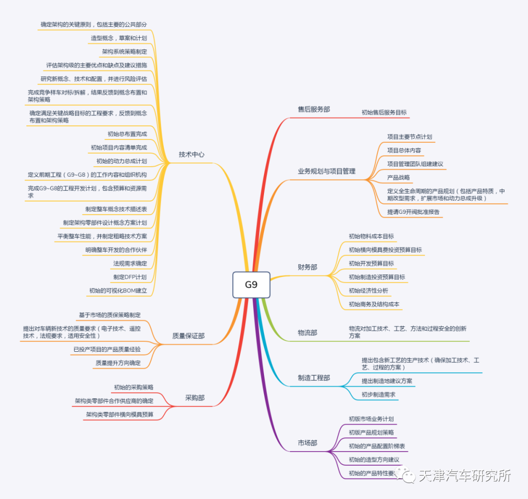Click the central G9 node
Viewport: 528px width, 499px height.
click(251, 284)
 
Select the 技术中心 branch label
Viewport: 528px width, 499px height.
click(192, 155)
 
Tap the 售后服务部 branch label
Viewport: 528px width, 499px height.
click(314, 109)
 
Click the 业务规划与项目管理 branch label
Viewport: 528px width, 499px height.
click(327, 171)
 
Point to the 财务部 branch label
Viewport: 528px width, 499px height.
click(308, 267)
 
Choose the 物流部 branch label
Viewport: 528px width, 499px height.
click(308, 333)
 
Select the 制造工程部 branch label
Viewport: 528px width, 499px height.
click(314, 378)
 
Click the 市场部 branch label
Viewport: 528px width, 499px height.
click(308, 443)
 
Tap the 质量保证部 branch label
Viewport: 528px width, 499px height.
click(189, 336)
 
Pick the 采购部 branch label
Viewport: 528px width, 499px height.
click(195, 398)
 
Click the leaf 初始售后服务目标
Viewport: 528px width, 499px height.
click(384, 112)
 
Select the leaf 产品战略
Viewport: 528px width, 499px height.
click(398, 177)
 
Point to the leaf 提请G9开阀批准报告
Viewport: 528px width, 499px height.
click(413, 212)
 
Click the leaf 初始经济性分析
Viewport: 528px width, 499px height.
click(369, 291)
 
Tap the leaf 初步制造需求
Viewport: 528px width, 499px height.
click(378, 394)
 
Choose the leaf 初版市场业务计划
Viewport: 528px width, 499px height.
click(371, 419)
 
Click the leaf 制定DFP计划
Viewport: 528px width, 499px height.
click(130, 277)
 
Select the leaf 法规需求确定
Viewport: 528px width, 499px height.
click(130, 263)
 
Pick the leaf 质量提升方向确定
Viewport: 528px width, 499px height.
click(118, 363)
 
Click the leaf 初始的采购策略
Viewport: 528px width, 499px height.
click(133, 387)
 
